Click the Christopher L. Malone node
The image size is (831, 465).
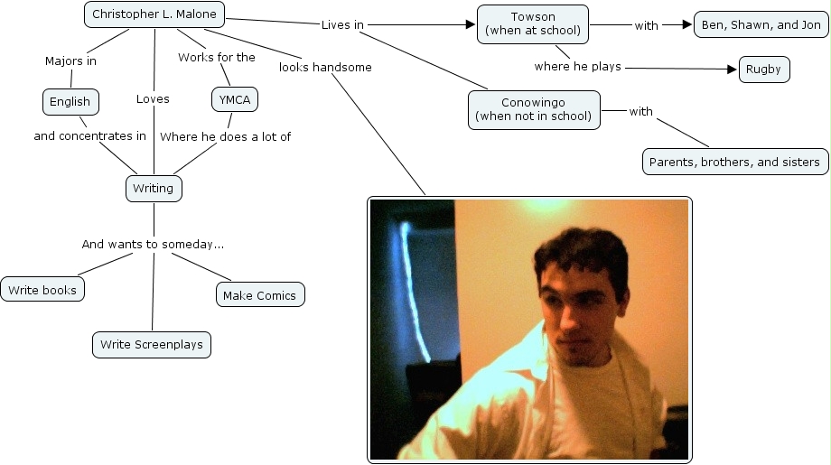pyautogui.click(x=154, y=14)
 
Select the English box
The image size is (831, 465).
pyautogui.click(x=70, y=102)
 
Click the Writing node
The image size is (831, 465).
pyautogui.click(x=153, y=189)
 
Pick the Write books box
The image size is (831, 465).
pyautogui.click(x=42, y=290)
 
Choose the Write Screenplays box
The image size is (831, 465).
pyautogui.click(x=152, y=344)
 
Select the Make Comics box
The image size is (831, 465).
pyautogui.click(x=260, y=294)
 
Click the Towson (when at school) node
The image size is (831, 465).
pyautogui.click(x=533, y=24)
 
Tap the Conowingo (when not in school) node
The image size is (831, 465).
pyautogui.click(x=534, y=109)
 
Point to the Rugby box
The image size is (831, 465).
pyautogui.click(x=764, y=70)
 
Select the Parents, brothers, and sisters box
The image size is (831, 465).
pyautogui.click(x=735, y=163)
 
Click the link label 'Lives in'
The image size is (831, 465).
pyautogui.click(x=342, y=25)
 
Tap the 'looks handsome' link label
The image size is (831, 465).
pyautogui.click(x=325, y=67)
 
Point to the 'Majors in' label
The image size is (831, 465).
pyautogui.click(x=70, y=61)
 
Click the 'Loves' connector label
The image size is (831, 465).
pyautogui.click(x=153, y=99)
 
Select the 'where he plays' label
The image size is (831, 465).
pyautogui.click(x=577, y=67)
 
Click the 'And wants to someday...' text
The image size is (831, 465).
pyautogui.click(x=153, y=244)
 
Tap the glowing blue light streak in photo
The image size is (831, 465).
pyautogui.click(x=413, y=280)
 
